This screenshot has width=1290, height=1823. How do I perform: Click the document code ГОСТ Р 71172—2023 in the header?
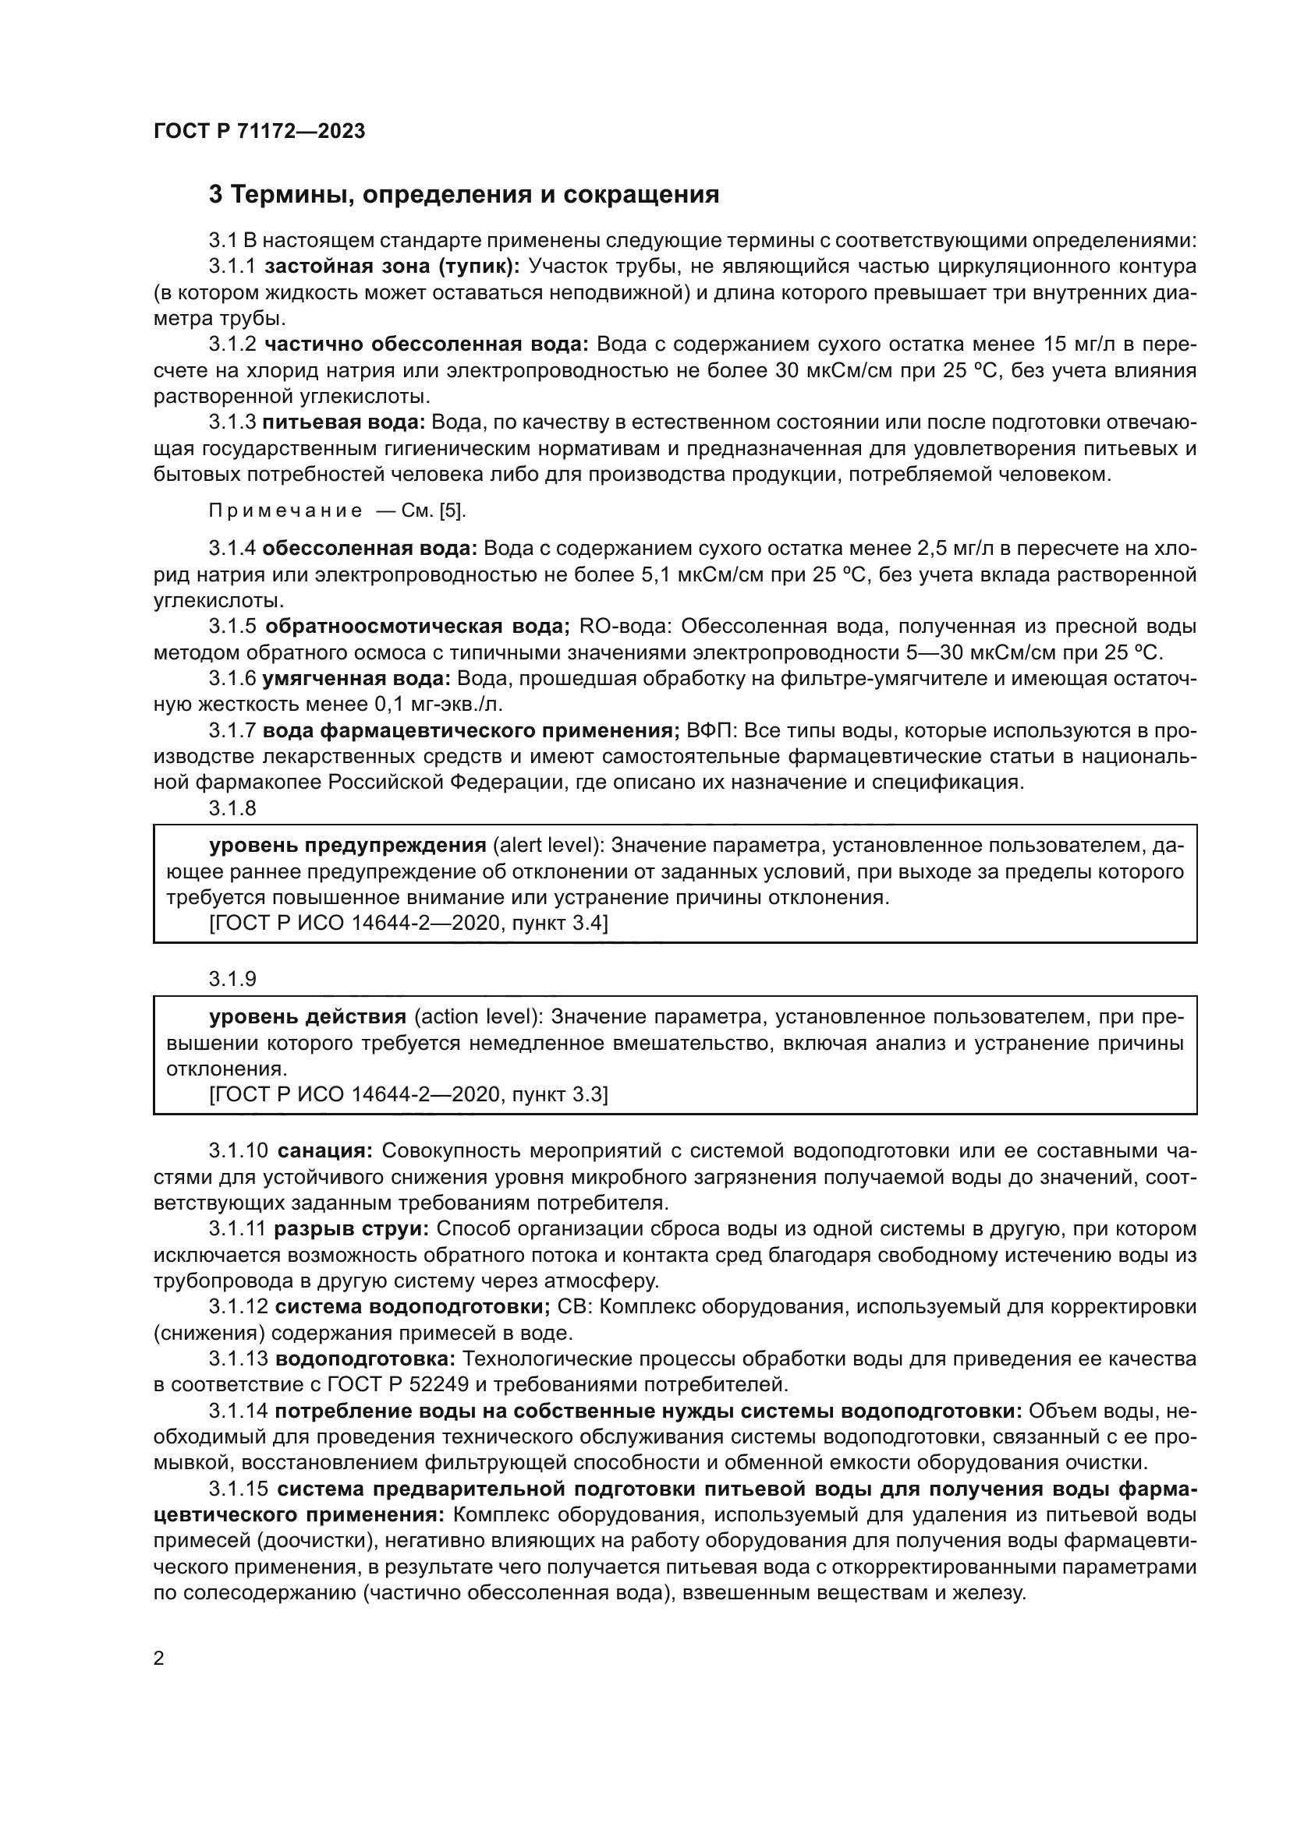[x=259, y=131]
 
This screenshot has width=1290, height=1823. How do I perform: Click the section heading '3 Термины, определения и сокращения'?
[x=464, y=195]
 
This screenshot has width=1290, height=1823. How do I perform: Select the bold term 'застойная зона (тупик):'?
[x=392, y=266]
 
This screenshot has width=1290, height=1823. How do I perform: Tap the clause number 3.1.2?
[x=232, y=344]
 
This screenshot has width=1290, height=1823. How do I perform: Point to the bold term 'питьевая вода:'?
[x=343, y=422]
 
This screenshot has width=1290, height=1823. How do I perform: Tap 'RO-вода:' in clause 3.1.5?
[x=626, y=627]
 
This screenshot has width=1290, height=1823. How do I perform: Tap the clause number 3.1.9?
[x=232, y=979]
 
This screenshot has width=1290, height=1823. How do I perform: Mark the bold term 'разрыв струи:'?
[x=351, y=1229]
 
